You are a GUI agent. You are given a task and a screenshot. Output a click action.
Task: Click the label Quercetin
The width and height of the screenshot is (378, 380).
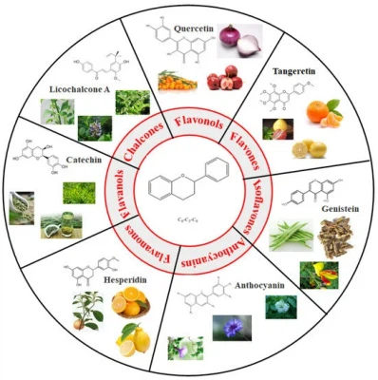[194, 28]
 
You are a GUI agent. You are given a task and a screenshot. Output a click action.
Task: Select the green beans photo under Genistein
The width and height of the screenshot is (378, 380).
[291, 234]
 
